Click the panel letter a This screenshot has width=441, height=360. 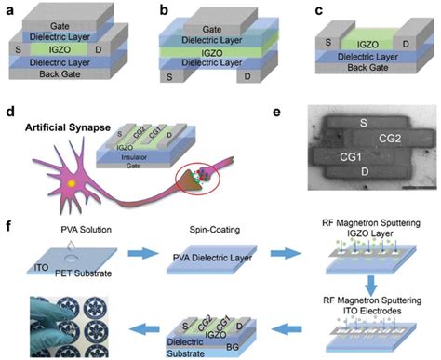coord(8,7)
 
